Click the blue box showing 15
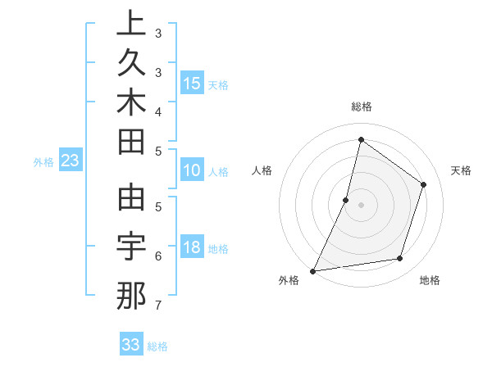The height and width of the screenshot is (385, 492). (192, 83)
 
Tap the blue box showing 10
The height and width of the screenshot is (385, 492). (192, 170)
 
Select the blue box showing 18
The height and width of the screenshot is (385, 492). (192, 247)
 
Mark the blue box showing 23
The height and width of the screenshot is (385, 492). (71, 161)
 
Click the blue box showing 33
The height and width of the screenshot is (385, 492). (131, 345)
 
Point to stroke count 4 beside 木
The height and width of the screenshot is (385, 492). (158, 111)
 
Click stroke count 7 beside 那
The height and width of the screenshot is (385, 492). (157, 306)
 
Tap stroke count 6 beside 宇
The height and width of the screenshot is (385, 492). (158, 256)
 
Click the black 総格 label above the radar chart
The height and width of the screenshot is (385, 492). (361, 106)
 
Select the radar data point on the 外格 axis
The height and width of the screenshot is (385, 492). (313, 270)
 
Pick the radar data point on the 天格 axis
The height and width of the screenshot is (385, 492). (424, 184)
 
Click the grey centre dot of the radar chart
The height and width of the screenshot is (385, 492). (361, 205)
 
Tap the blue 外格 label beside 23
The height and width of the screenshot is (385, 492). (43, 162)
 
